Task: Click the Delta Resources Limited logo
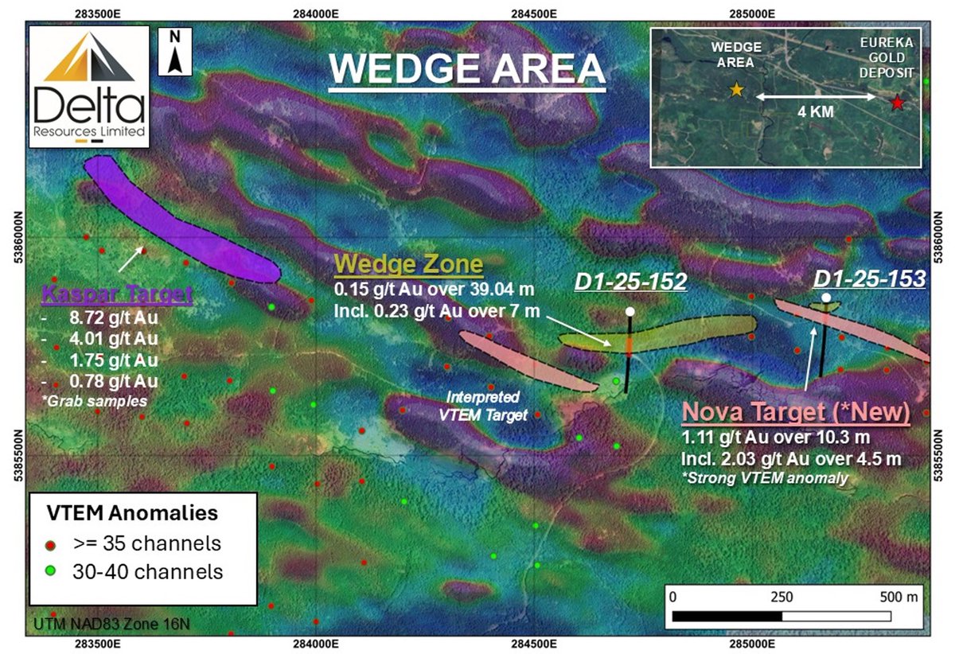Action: coord(88,87)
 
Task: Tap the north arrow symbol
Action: coord(175,53)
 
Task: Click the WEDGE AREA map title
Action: coord(467,70)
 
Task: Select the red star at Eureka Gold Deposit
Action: coord(897,103)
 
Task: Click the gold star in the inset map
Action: coord(737,90)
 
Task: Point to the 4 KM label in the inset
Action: coord(816,112)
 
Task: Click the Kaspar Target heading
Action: coord(117,295)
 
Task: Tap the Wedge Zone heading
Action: coord(408,264)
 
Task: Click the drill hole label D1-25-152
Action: coord(630,282)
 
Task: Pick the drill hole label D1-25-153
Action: coord(869,278)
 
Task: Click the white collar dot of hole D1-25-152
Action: coord(630,311)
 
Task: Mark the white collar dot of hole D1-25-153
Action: coord(826,298)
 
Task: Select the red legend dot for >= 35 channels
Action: coord(52,544)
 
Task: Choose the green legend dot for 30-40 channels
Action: coord(52,571)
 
